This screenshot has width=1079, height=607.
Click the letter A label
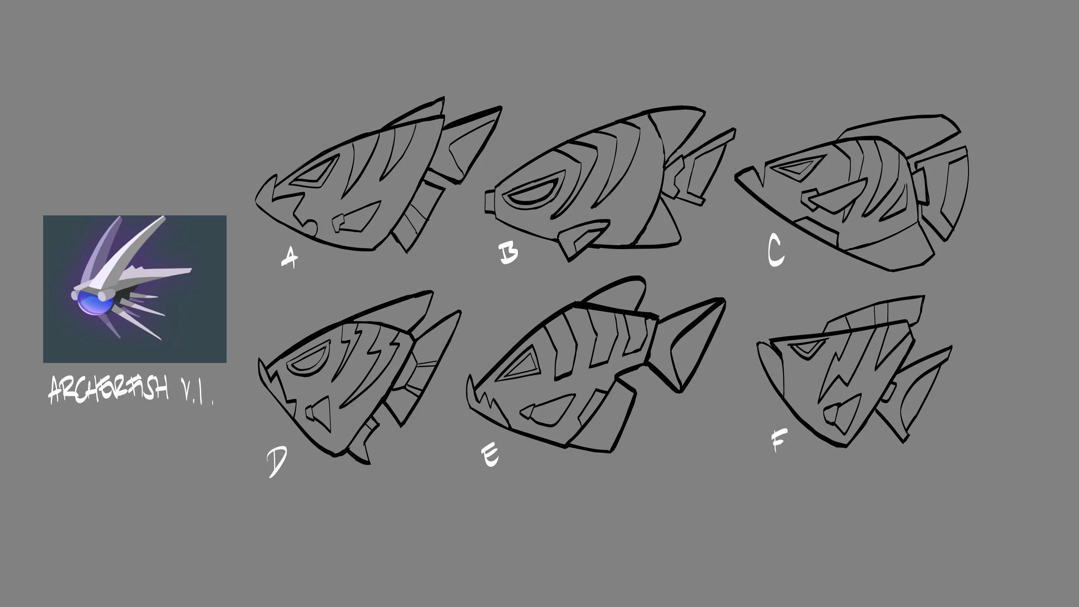290,258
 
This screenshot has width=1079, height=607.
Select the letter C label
776,252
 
